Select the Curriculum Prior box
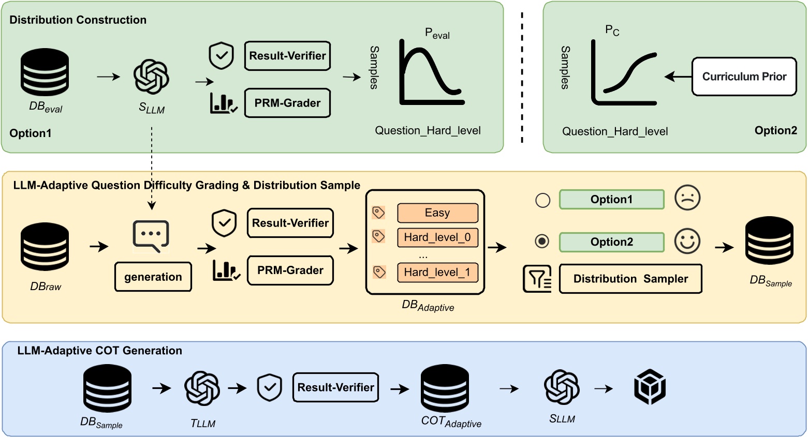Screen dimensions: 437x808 744,77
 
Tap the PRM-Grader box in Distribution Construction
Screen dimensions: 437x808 287,103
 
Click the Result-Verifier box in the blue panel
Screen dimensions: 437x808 335,387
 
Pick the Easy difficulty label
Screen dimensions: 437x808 437,213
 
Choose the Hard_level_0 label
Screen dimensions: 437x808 437,237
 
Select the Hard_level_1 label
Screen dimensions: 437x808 437,273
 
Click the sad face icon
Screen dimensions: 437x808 687,198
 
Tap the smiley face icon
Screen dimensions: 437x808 687,241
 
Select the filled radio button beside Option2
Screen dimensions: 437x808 542,242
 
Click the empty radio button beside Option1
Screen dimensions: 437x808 542,200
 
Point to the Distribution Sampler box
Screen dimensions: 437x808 630,279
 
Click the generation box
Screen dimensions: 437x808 153,277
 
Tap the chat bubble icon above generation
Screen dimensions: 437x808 151,236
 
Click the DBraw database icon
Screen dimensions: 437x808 45,247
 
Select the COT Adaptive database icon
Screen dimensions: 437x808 445,388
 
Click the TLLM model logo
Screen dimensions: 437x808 202,388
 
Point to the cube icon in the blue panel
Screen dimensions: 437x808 650,387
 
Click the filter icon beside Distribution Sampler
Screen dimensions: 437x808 537,279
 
